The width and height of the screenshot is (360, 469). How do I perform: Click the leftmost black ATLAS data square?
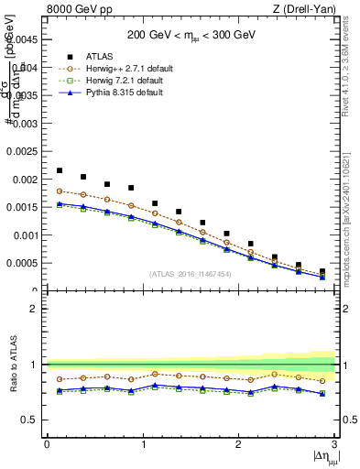[60, 170]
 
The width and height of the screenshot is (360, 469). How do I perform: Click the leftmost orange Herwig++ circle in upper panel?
[60, 191]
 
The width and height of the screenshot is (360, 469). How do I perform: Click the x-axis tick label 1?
[143, 444]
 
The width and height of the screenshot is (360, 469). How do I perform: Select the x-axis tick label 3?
[334, 444]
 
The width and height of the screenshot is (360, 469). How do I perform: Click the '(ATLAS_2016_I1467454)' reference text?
[191, 274]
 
